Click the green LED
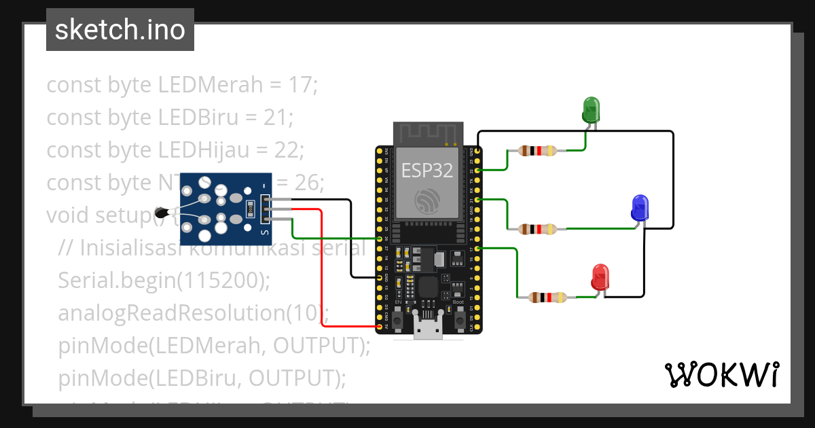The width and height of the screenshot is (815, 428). pos(591,109)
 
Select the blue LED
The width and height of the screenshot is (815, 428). pos(640,207)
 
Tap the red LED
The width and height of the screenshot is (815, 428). pos(600,277)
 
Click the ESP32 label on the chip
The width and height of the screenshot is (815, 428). pos(427,170)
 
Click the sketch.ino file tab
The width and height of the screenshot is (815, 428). pos(120,30)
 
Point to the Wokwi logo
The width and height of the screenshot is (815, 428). pos(721,374)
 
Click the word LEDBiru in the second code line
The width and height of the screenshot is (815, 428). pos(198,118)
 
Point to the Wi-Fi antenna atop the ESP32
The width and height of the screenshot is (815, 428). pos(428,134)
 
